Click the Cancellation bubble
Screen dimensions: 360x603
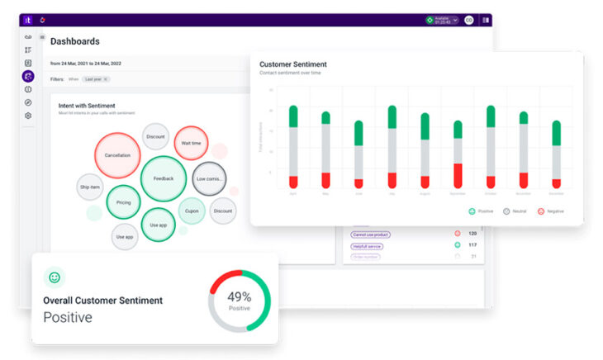(x=117, y=155)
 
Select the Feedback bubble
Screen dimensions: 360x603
(x=163, y=178)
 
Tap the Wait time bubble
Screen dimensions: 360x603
(x=191, y=143)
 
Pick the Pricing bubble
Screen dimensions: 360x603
(x=124, y=202)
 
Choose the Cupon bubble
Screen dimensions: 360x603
(x=192, y=211)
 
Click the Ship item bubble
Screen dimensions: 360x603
(x=90, y=187)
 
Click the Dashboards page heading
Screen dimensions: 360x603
(x=75, y=41)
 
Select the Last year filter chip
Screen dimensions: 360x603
(x=96, y=79)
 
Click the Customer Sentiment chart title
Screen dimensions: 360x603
(x=292, y=64)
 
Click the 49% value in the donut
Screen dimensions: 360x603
(x=240, y=297)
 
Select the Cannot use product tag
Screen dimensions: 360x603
(x=371, y=234)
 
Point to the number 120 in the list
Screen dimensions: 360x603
(x=472, y=234)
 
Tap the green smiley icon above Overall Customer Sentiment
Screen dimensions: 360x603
(x=55, y=278)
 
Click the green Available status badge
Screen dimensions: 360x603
(x=442, y=20)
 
